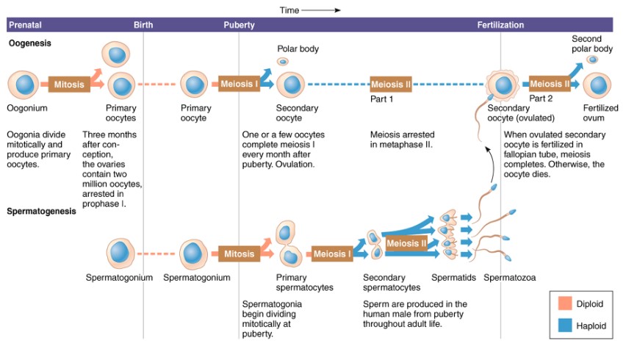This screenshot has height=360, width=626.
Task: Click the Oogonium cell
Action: [x=24, y=84]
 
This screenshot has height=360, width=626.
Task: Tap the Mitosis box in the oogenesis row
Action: [x=69, y=84]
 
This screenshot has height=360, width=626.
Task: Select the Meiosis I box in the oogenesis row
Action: [x=240, y=84]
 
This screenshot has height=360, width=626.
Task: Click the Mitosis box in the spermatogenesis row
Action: [x=240, y=254]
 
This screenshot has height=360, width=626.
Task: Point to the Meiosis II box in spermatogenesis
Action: [x=406, y=243]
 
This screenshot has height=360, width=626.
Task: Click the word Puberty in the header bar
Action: [x=240, y=25]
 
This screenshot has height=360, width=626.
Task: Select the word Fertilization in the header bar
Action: [x=500, y=25]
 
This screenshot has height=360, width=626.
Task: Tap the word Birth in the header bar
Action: [x=143, y=25]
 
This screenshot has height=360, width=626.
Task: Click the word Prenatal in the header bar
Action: [x=25, y=25]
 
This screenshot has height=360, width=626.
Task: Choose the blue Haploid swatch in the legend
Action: [x=564, y=325]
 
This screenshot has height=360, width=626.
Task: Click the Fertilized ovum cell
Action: [x=597, y=85]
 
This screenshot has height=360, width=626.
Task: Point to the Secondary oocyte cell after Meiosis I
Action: [x=290, y=84]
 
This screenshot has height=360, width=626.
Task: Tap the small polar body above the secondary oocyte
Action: [x=283, y=61]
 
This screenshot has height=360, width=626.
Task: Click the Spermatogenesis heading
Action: [x=41, y=211]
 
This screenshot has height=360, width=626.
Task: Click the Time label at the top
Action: [x=289, y=10]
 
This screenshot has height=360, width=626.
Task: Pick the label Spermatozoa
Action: [x=510, y=278]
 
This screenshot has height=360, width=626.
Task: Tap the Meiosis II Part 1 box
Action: [x=391, y=84]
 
